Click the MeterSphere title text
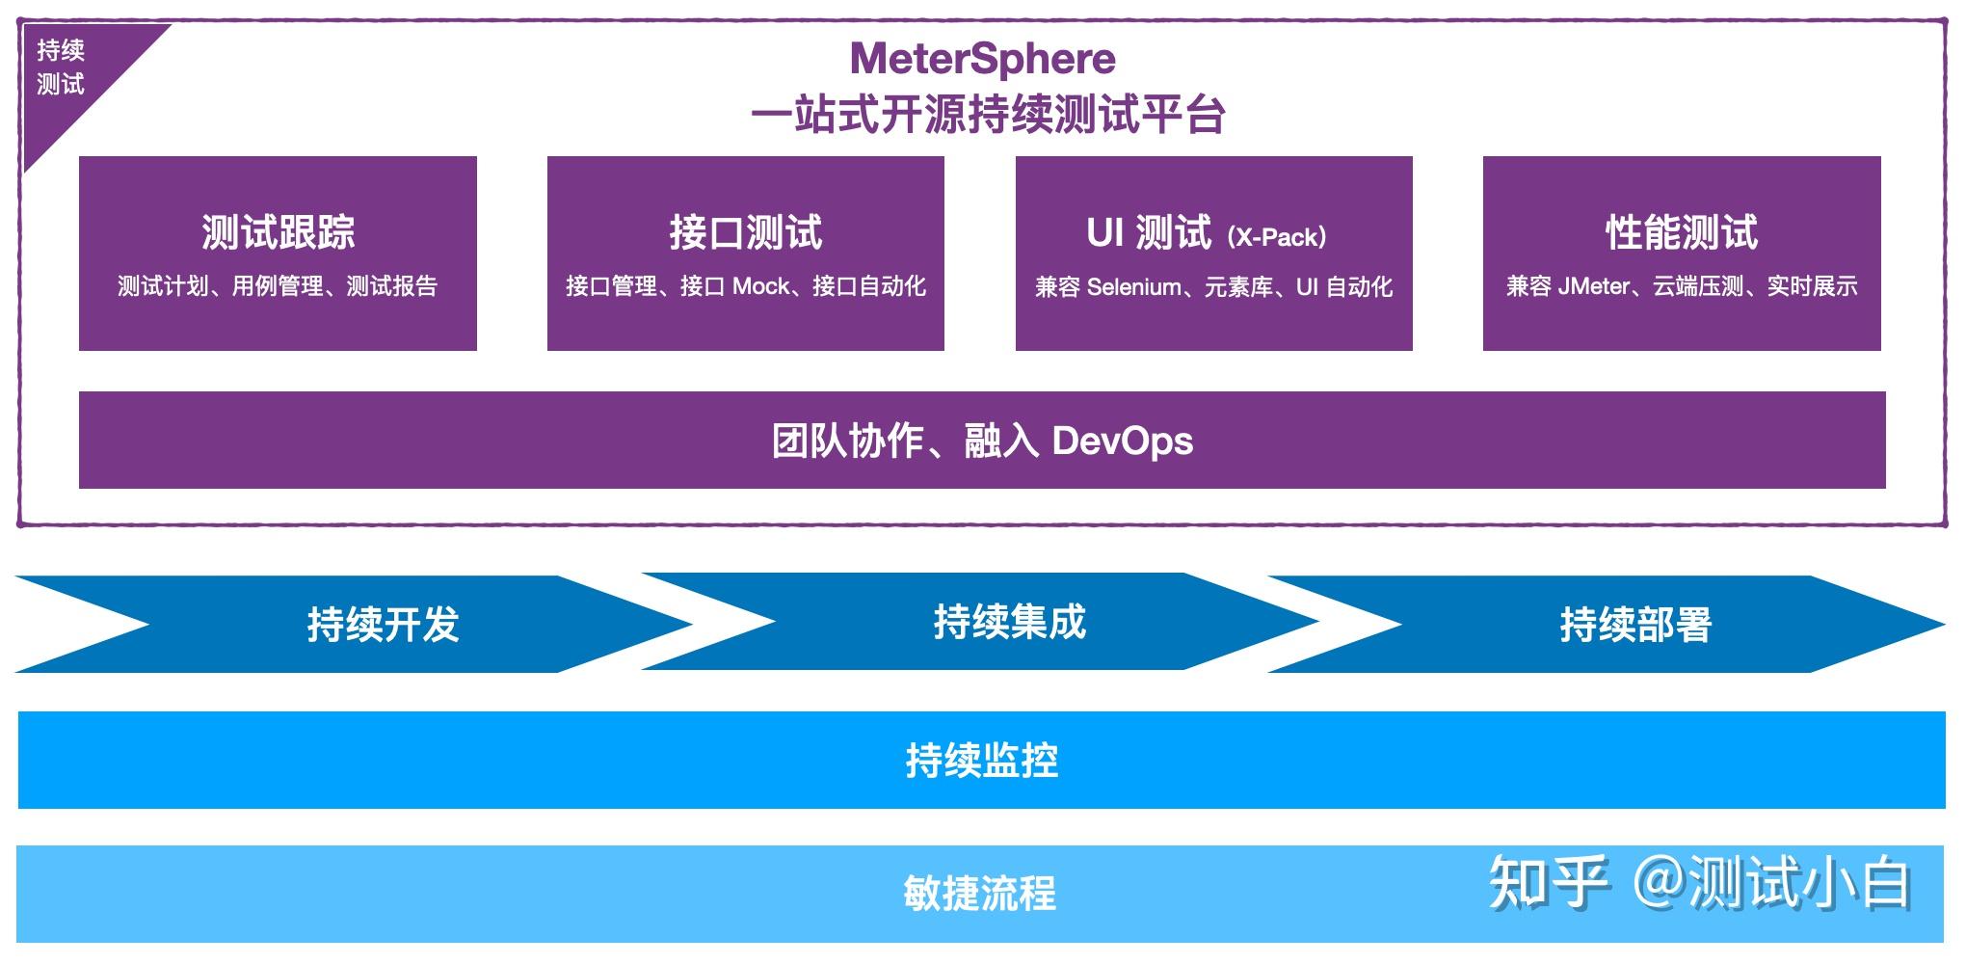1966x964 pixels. (982, 59)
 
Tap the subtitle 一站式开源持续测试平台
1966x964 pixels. (987, 116)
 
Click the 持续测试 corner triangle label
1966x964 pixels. (61, 67)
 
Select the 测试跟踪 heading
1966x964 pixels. (278, 232)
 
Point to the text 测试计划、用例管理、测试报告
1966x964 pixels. (278, 286)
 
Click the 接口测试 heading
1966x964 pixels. (745, 232)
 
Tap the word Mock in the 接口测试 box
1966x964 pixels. (760, 286)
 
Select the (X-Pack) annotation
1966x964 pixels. (1277, 236)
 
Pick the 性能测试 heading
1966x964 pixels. (1682, 232)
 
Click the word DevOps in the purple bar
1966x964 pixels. (1122, 442)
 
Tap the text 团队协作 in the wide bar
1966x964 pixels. (848, 442)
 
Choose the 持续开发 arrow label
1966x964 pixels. (383, 625)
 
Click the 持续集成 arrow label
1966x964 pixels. (1009, 622)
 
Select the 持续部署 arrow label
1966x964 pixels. (1635, 625)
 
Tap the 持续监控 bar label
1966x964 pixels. (981, 761)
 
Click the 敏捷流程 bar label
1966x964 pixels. (979, 894)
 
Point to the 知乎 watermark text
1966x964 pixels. (1548, 882)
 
